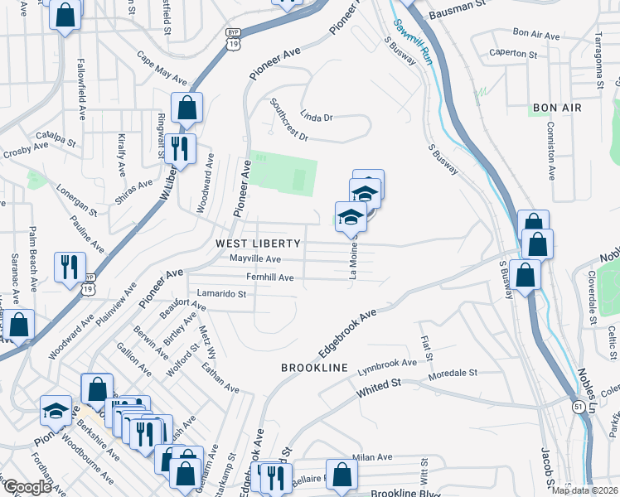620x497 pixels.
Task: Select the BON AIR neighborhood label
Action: [557, 108]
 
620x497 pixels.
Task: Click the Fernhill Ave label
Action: [269, 277]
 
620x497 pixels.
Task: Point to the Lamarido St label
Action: [221, 293]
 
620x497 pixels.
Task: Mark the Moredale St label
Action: [453, 374]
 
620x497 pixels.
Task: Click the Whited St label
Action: [379, 387]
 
